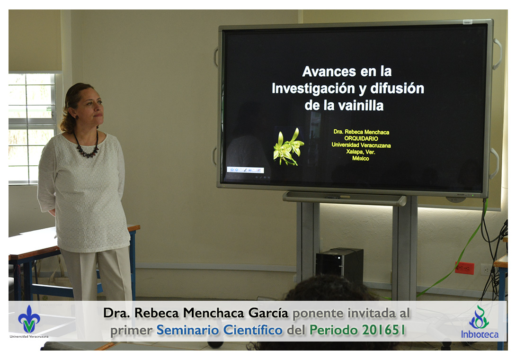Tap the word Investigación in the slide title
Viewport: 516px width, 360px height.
pos(313,89)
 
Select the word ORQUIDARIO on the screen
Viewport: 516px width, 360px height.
pos(361,139)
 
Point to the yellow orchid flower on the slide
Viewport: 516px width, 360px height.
pos(289,147)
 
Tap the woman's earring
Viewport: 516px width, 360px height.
pos(77,117)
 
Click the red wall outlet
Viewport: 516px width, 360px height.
pos(464,268)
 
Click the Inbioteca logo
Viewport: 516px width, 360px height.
pos(480,322)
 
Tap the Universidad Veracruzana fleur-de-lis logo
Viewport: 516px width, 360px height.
pos(29,319)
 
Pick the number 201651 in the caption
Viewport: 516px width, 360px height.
pos(384,330)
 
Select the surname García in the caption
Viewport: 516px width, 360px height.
pos(268,313)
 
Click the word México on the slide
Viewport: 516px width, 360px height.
pos(361,158)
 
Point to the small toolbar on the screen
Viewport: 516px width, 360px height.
pos(245,170)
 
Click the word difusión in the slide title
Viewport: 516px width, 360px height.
pos(397,88)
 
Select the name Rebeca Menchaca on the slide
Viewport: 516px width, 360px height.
pos(367,132)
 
